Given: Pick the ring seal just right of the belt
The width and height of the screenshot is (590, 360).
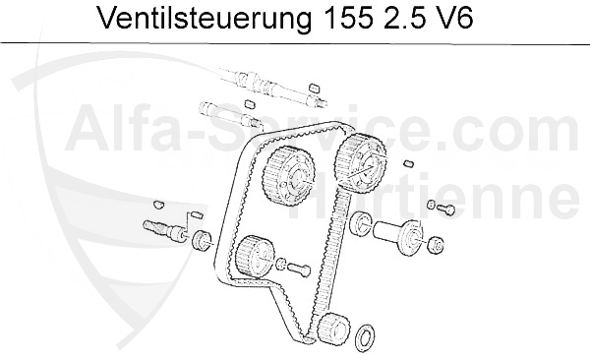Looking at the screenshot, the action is coord(361,222).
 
